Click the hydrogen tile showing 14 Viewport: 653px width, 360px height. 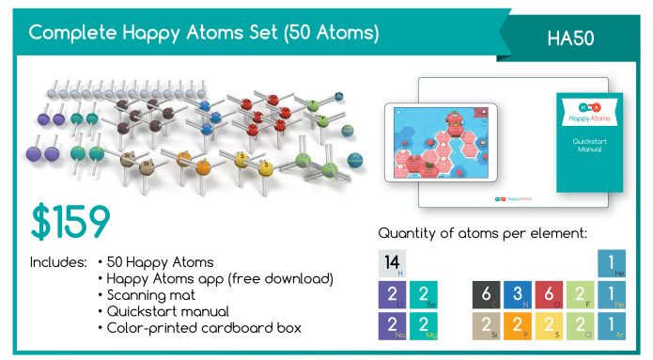393,264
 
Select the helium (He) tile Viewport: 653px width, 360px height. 612,264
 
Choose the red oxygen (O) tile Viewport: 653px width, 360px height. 550,295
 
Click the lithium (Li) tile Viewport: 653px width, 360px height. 393,295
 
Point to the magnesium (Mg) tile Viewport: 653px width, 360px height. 425,325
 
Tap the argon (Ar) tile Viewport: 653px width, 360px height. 612,325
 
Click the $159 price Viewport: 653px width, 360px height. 70,221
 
